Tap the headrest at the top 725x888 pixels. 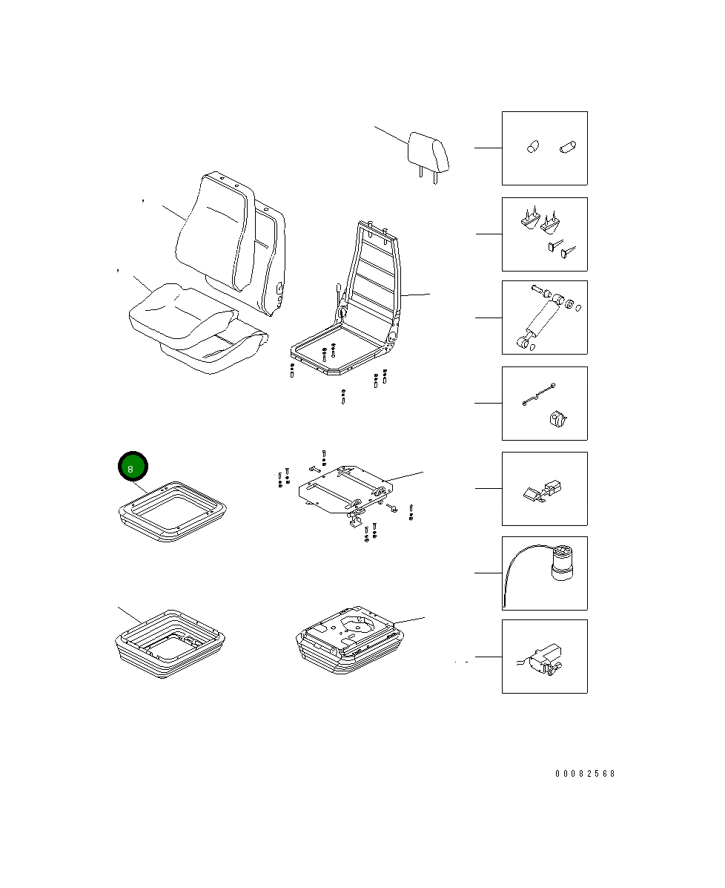pos(429,152)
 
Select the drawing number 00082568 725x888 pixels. pos(585,774)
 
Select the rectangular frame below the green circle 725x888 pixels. pos(173,510)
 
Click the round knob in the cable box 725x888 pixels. pos(557,421)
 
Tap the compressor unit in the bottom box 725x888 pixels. pos(544,657)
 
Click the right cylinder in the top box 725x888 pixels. pos(569,147)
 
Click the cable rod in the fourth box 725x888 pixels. pos(539,394)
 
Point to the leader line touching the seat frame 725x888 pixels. pos(415,295)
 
